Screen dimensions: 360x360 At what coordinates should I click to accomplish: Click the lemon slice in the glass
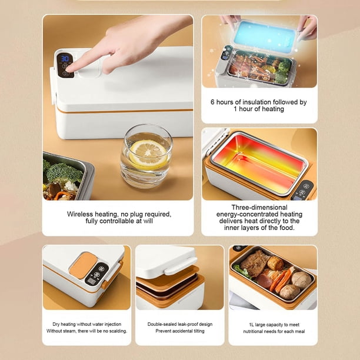click(x=148, y=154)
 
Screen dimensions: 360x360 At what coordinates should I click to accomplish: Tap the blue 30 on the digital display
click(x=65, y=59)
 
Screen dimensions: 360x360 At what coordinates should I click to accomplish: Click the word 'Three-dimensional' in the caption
click(x=259, y=207)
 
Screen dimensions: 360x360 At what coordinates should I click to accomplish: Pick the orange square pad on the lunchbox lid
click(x=84, y=265)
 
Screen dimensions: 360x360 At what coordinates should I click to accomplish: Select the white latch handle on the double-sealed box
click(x=181, y=266)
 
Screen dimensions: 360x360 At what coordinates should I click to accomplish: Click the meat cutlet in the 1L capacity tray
click(x=254, y=263)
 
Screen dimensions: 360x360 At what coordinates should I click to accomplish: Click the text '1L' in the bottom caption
click(x=252, y=325)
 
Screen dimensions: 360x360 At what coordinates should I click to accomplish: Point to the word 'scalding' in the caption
click(x=118, y=331)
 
